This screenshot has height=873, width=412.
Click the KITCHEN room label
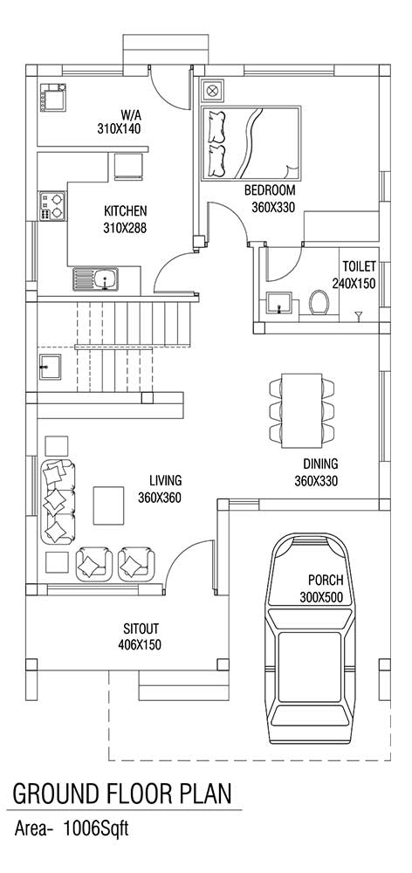click(x=126, y=211)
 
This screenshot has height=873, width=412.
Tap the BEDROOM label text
click(x=270, y=191)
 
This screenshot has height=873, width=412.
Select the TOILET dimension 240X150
click(x=354, y=284)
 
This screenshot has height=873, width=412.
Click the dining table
click(x=301, y=410)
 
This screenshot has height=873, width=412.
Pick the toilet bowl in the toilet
click(x=319, y=300)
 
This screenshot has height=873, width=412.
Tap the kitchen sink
click(x=95, y=278)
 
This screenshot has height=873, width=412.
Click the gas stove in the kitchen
click(x=52, y=206)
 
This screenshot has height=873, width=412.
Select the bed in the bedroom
click(x=251, y=143)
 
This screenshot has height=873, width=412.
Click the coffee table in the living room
click(x=108, y=505)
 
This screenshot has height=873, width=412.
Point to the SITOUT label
click(x=141, y=629)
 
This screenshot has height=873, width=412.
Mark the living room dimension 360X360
click(x=160, y=498)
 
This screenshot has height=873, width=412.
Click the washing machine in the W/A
click(x=53, y=98)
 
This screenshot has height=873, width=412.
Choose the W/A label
click(x=132, y=116)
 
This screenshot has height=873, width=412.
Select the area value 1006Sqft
click(x=96, y=829)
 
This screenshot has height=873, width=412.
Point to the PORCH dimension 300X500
click(x=320, y=599)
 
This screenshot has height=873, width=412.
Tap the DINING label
click(x=320, y=464)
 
